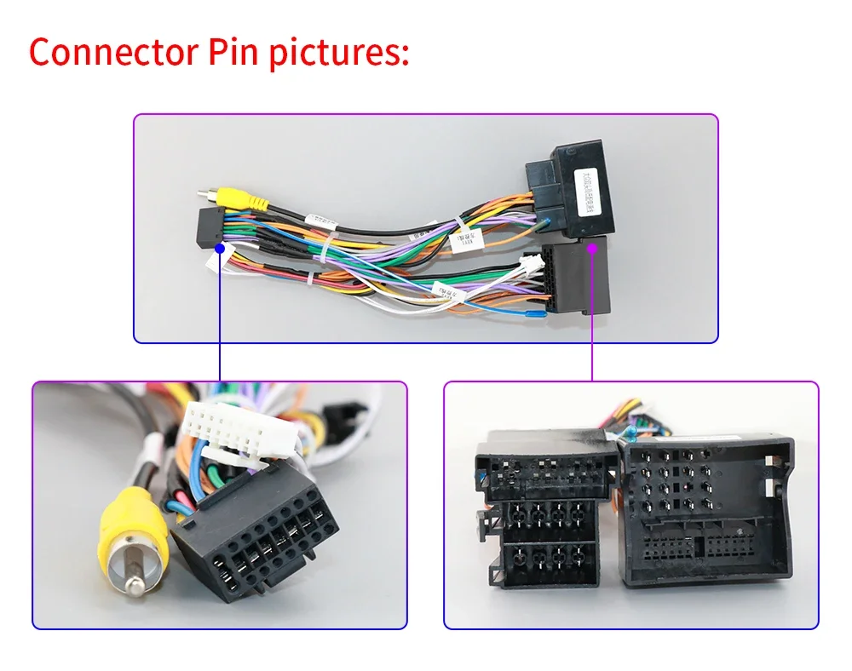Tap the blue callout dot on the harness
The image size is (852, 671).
click(220, 249)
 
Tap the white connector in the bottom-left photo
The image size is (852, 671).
click(240, 427)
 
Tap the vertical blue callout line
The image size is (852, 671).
click(220, 315)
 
